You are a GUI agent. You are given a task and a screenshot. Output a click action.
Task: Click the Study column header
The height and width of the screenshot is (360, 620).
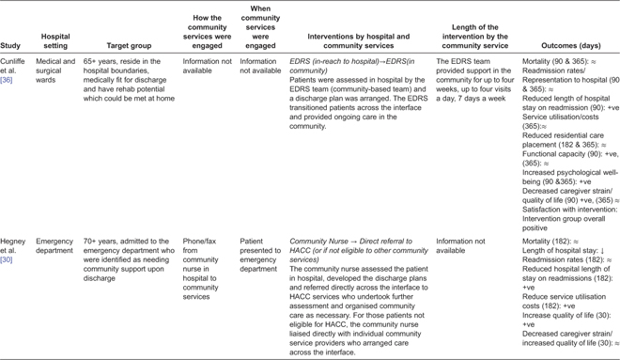click(x=12, y=44)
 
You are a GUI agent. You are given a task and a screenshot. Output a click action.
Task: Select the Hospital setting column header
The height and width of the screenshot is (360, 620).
click(x=55, y=39)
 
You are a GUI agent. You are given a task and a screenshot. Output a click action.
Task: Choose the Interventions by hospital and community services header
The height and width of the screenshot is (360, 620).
click(x=358, y=39)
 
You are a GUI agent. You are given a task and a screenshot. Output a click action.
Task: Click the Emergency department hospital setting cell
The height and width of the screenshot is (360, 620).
click(x=54, y=246)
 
